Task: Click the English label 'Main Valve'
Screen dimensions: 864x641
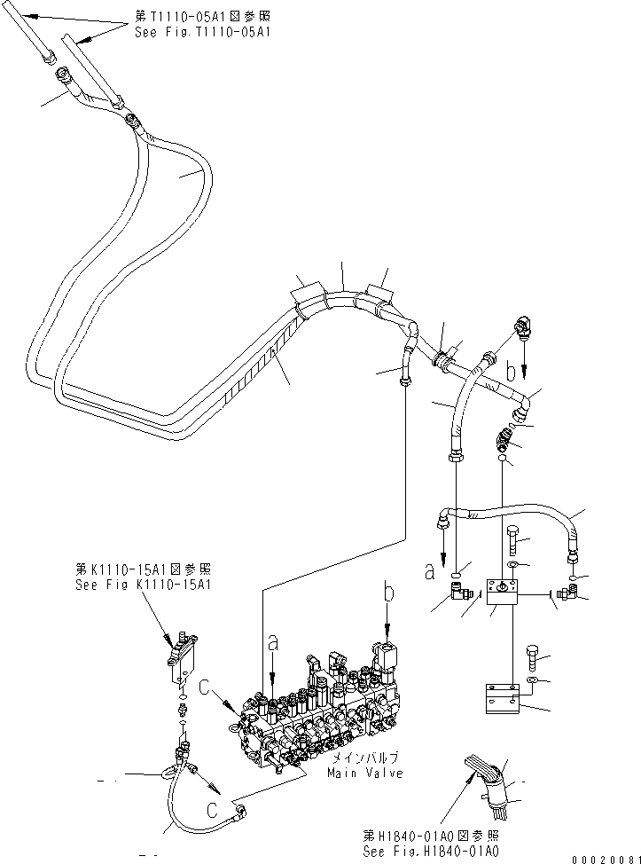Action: click(359, 774)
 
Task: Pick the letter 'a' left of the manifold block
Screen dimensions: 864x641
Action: click(429, 573)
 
